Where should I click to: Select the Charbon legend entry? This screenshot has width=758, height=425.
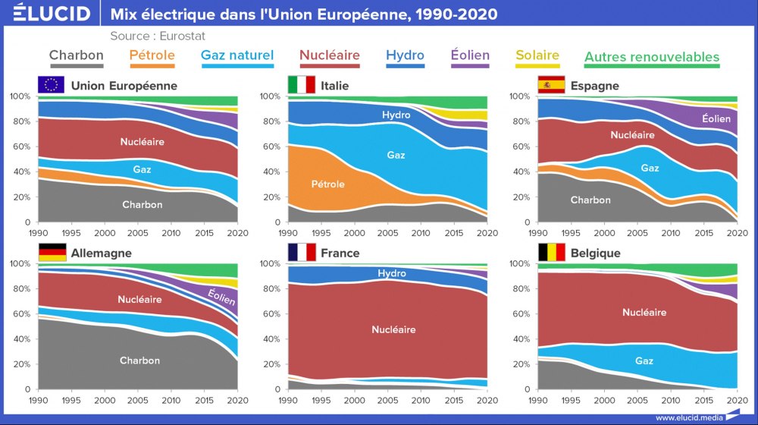77,55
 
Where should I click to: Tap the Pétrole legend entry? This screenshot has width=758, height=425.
152,55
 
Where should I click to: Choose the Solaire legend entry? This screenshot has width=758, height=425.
537,55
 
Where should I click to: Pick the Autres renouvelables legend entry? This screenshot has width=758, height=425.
652,57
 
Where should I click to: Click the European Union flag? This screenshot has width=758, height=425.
51,85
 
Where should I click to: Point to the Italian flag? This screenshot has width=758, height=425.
301,85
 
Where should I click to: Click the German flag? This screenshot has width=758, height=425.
51,253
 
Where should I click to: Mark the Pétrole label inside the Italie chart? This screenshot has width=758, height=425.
327,184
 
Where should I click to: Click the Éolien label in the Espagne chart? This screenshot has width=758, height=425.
716,118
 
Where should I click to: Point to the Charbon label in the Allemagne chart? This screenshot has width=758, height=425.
139,360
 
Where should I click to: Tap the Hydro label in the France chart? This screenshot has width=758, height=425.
392,273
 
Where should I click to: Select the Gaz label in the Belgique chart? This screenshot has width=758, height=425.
644,361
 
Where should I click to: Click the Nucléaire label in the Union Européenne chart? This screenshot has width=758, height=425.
142,142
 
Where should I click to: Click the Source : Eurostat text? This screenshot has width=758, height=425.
158,36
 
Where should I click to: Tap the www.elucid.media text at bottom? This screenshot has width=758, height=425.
688,417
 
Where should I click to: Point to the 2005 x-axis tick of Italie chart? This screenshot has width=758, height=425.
387,232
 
